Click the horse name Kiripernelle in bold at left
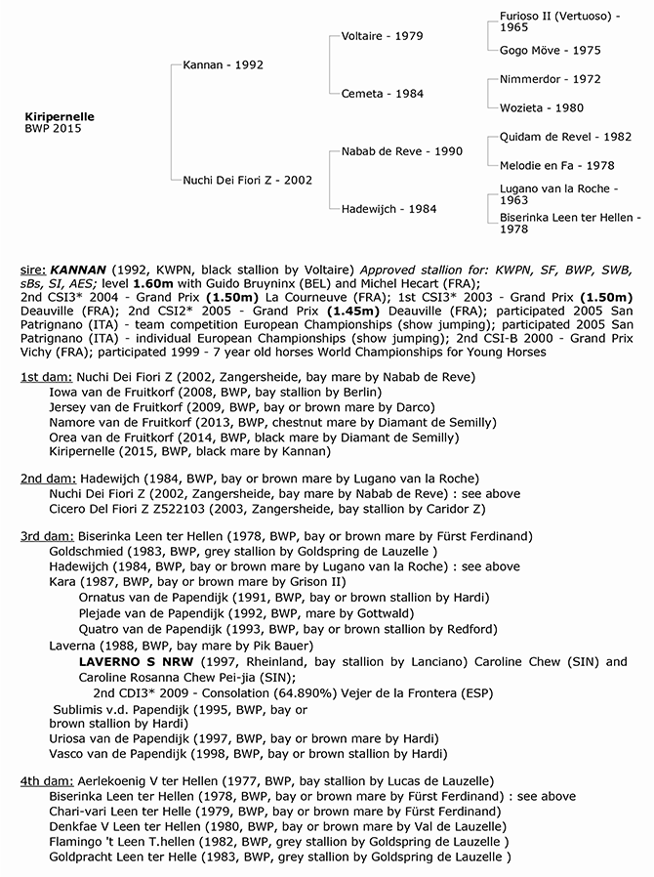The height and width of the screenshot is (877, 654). pos(59,116)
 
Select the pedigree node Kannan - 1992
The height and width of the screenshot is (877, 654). pos(223,65)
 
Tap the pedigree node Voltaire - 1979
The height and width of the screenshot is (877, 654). pos(382,36)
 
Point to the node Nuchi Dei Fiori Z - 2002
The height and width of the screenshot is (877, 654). pos(247,180)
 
